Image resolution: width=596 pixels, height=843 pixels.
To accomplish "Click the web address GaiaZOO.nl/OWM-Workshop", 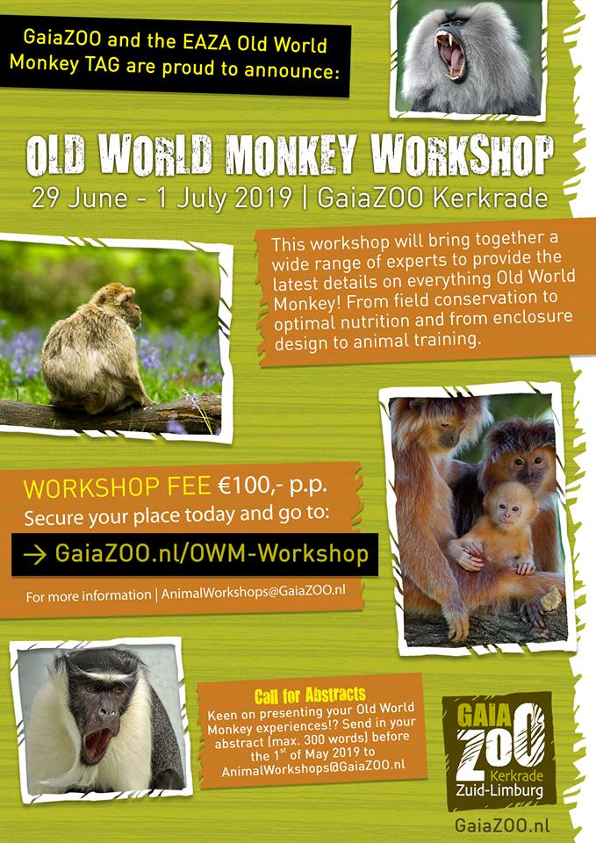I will tap(212, 554).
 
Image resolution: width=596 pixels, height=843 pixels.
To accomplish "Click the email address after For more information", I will tap(254, 594).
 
